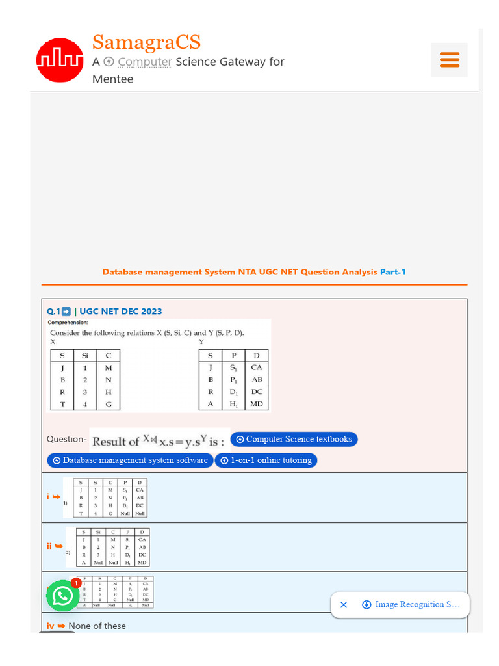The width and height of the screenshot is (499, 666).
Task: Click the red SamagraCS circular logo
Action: (x=60, y=60)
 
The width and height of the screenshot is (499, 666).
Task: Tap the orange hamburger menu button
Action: (x=449, y=60)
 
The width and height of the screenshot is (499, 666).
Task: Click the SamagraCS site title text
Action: (x=146, y=42)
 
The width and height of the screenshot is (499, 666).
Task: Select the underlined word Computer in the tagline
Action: (x=144, y=62)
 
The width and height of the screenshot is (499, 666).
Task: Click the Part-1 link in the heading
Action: (x=393, y=272)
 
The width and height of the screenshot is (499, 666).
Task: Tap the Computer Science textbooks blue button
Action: (x=294, y=440)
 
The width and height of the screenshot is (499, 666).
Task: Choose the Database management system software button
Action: (x=130, y=460)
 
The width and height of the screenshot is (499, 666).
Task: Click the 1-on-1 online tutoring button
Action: (x=266, y=460)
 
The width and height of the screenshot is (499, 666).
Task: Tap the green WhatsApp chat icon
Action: (x=62, y=596)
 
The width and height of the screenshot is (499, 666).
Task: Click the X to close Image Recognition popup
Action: (x=344, y=605)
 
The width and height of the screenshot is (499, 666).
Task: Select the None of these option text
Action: (x=97, y=626)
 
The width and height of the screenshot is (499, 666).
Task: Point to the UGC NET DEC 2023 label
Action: (x=120, y=312)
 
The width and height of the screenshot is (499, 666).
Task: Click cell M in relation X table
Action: (x=109, y=367)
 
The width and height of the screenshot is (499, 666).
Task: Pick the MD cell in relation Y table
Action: (x=257, y=404)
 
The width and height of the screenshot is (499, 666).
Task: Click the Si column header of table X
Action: (x=85, y=355)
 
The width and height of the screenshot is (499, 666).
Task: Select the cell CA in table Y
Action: (x=257, y=367)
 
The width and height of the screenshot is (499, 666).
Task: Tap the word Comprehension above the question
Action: (x=68, y=322)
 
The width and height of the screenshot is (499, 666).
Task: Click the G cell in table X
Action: (x=109, y=404)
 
